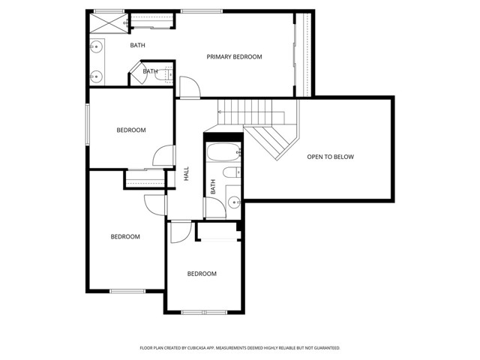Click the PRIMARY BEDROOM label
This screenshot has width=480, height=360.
(x=235, y=57)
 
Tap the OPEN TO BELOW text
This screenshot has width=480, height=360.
(x=330, y=157)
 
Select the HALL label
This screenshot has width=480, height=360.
(x=186, y=174)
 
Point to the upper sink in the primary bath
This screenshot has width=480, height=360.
(x=95, y=47)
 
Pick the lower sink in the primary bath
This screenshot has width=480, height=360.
(x=95, y=75)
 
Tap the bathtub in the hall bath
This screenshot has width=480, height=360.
(x=222, y=154)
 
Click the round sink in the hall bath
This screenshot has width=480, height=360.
(x=233, y=201)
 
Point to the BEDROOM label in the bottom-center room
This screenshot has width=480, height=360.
(x=202, y=274)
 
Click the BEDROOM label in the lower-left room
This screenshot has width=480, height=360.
(x=125, y=237)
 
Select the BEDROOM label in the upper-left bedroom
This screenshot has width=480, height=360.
(x=131, y=130)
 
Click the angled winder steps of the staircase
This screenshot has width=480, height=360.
(x=274, y=140)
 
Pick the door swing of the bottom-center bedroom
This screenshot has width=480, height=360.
(x=180, y=232)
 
